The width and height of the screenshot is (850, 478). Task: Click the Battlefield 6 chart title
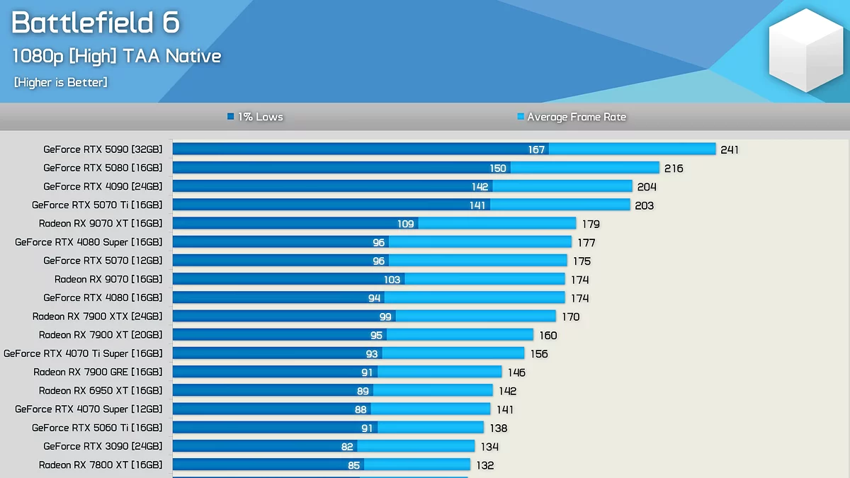coord(96,23)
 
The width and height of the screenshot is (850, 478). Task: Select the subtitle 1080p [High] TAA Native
coord(117,56)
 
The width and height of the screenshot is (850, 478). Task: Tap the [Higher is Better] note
coord(61,82)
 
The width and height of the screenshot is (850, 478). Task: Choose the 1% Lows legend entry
coord(255,117)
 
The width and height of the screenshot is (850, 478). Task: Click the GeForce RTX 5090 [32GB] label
coord(103,149)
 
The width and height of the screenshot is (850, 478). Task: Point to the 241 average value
coord(730,149)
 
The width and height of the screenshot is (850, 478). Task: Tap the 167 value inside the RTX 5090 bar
coord(536,149)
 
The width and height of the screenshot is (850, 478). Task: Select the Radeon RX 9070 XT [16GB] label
coord(101,223)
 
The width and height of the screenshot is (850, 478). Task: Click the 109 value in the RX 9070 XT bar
coord(405,224)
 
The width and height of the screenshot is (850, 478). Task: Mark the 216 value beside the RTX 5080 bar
coord(674,169)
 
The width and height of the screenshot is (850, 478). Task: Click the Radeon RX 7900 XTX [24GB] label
coord(98,316)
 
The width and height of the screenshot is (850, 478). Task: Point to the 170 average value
coord(570,317)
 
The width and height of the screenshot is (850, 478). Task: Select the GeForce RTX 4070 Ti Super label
coord(83,353)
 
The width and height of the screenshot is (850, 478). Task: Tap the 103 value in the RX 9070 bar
coord(392,280)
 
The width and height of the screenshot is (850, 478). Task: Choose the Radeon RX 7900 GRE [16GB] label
coord(98,372)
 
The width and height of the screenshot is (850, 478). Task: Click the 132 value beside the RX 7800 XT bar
coord(484,465)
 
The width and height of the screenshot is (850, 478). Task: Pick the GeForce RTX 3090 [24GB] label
coord(103,446)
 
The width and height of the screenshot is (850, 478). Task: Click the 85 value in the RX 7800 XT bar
coord(353,465)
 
